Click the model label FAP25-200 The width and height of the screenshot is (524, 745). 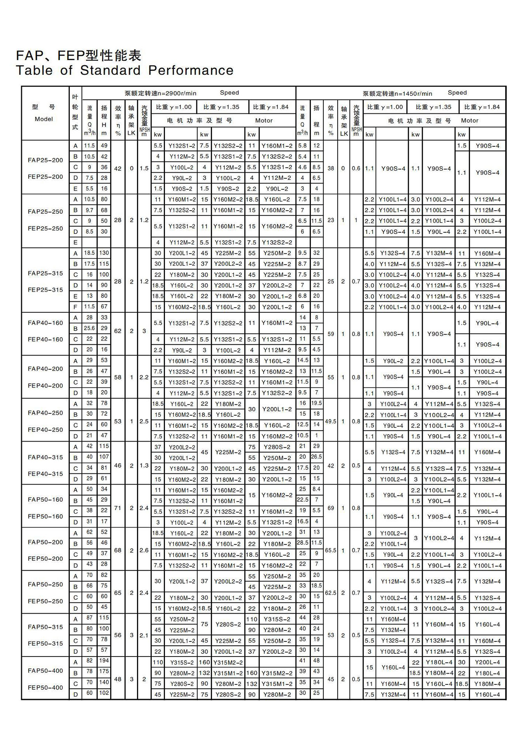pos(45,160)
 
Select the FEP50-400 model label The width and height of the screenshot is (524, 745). pos(45,688)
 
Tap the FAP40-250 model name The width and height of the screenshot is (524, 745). pos(45,413)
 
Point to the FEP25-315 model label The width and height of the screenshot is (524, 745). pos(45,290)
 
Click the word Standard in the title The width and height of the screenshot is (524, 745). pos(110,70)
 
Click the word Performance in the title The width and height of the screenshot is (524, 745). pos(191,70)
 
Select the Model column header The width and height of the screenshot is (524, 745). pos(44,119)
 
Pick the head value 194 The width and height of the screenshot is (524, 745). pos(104,660)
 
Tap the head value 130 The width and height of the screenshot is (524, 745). pos(104,253)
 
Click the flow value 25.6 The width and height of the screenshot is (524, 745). pos(89,328)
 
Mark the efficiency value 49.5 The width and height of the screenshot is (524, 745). pos(331,421)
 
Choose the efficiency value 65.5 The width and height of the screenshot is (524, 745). pos(331,550)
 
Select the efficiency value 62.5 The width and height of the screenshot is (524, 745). pos(331,593)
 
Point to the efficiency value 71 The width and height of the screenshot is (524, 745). pos(118,508)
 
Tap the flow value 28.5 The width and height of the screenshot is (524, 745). pos(303,542)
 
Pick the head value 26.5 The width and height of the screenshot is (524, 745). pos(317,457)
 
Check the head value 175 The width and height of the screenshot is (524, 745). pos(104,671)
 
